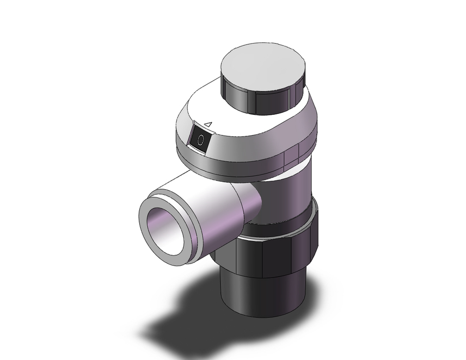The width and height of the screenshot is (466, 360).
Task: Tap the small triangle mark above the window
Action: point(209,125)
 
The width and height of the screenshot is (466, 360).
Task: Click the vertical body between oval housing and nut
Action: point(294,196)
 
